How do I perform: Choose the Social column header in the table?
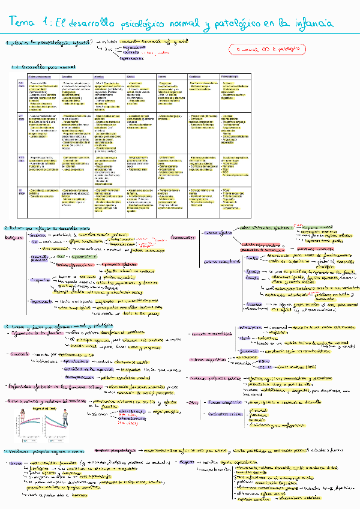click(x=131, y=77)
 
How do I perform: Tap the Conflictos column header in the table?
click(x=195, y=77)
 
